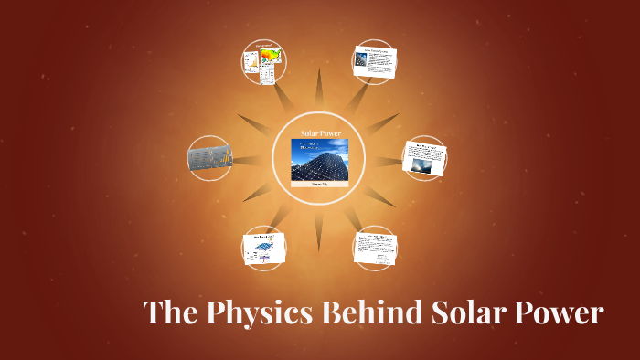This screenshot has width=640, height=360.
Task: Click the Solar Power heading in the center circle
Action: point(319,133)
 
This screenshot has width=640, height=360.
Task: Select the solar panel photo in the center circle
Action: point(319,159)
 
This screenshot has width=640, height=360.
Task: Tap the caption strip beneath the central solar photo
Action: point(319,184)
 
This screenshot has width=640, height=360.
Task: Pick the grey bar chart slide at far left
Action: point(209,159)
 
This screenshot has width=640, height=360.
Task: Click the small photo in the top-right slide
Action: point(363,62)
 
